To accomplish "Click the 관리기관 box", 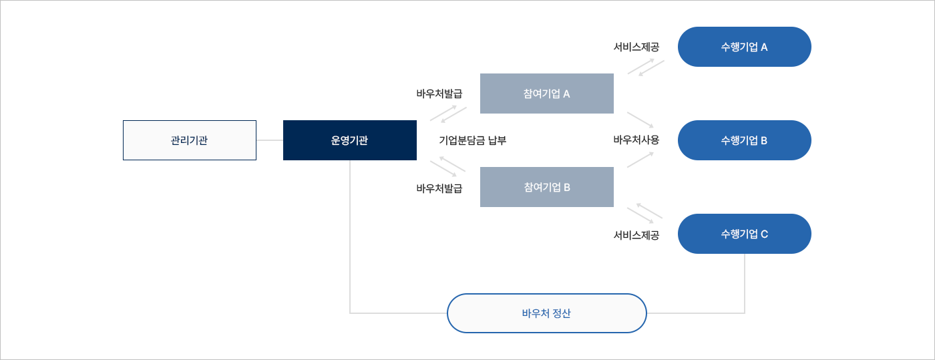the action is [x=190, y=140].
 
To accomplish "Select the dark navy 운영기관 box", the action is [x=350, y=140].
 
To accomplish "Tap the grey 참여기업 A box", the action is [x=547, y=94].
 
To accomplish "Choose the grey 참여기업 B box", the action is [x=547, y=187].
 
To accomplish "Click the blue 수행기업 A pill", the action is [x=744, y=47].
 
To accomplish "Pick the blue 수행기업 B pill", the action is [x=744, y=140].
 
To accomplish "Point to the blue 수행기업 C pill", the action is [x=744, y=234].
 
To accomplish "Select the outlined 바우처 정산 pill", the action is [x=547, y=313].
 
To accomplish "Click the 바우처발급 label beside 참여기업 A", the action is [x=439, y=94].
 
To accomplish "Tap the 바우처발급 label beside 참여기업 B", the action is [x=439, y=188].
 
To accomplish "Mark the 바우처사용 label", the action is [x=636, y=140].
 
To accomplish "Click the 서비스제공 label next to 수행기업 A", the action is [x=636, y=47].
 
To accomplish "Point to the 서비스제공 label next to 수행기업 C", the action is [x=636, y=235].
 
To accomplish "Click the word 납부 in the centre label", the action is [x=497, y=140].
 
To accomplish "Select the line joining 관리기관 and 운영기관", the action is [x=270, y=140].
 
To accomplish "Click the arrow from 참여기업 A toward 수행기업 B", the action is [x=640, y=120].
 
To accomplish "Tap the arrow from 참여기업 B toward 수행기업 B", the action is [x=640, y=160].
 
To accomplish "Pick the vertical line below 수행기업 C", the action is [x=745, y=284].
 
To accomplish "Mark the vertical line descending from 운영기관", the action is [x=350, y=237].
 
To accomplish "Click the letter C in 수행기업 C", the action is [x=764, y=234].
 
